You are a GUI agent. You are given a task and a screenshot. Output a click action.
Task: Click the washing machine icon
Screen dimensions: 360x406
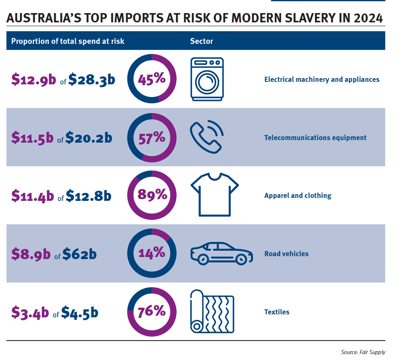(x=207, y=79)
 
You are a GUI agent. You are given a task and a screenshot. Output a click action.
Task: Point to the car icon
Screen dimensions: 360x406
(x=221, y=253)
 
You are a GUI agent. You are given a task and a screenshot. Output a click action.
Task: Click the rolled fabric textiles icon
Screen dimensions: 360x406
(x=212, y=311)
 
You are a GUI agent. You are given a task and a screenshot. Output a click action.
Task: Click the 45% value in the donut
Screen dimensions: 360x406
(x=152, y=79)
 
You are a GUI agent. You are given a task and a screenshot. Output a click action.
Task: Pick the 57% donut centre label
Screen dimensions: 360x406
(x=152, y=137)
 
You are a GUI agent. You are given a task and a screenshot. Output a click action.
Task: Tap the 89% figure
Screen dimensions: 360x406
(x=152, y=195)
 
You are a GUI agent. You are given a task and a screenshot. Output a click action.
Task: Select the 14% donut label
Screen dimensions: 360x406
(x=152, y=253)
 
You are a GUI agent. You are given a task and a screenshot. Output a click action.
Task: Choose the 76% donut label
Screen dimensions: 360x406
(x=152, y=311)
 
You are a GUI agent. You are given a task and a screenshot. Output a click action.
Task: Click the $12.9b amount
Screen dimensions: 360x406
(x=33, y=79)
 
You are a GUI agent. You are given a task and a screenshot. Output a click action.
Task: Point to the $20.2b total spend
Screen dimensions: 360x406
(x=89, y=138)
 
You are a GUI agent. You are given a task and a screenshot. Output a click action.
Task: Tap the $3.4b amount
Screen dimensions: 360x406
(x=30, y=313)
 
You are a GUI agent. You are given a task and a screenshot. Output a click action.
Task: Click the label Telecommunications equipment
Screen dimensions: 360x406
(x=315, y=138)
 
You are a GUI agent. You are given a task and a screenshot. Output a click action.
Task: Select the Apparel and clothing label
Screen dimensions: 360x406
(x=298, y=195)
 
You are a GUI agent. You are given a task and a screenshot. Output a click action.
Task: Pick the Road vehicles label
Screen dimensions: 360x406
(x=286, y=254)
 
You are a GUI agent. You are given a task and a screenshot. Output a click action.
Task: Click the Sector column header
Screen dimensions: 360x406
(x=202, y=41)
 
